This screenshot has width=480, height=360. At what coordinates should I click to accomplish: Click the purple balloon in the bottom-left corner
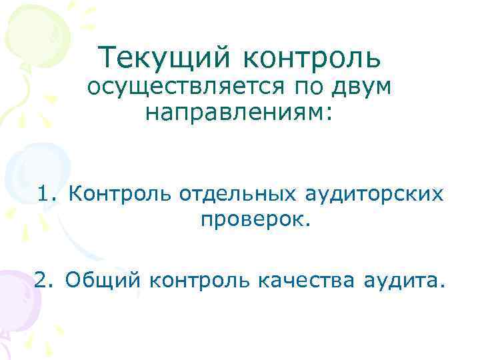17,300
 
